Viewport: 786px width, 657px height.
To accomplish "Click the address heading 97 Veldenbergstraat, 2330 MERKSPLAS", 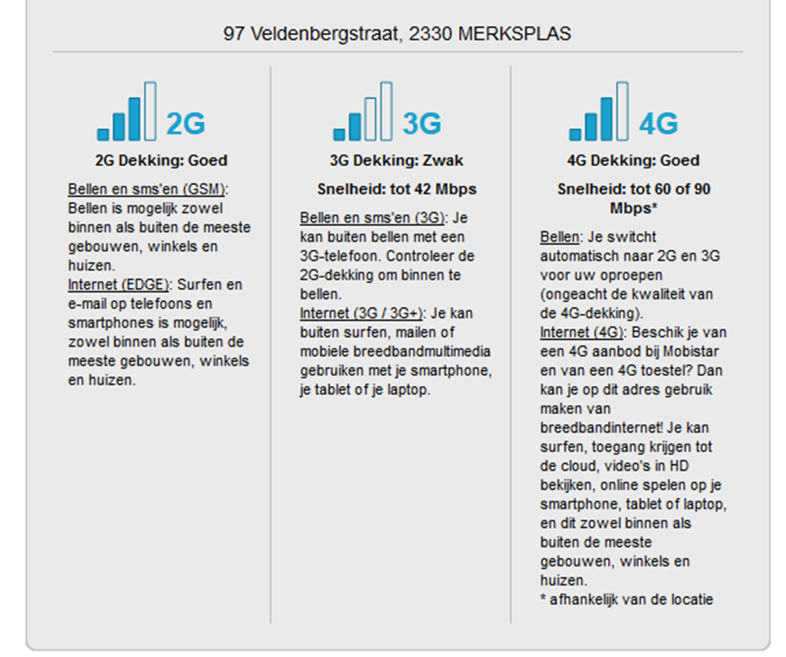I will tap(397, 34).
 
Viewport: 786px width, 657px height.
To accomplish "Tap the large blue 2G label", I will tap(185, 124).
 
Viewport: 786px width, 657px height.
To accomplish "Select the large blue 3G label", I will tap(422, 124).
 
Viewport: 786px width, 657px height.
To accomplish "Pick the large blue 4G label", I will tap(658, 124).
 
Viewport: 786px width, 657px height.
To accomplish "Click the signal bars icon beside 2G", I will tap(127, 112).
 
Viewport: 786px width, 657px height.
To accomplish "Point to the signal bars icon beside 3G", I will tap(362, 112).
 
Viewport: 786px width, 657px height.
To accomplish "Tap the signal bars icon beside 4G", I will tap(598, 112).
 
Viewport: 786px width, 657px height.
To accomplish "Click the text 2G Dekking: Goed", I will tap(161, 161).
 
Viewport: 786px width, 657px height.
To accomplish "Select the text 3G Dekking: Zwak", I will tap(396, 161).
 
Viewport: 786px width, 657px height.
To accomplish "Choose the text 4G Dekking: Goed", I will tap(633, 161).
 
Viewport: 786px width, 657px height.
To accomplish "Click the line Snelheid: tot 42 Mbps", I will tap(396, 189).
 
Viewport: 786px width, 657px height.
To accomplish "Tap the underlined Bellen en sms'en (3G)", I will tap(372, 217).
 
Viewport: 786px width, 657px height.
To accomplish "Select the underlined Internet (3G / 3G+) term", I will tap(361, 313).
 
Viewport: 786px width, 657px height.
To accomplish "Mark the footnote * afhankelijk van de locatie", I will tap(626, 599).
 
